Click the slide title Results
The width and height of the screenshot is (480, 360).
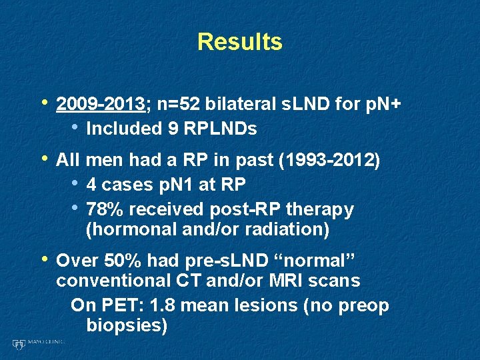[x=240, y=42]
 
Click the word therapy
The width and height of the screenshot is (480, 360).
[x=320, y=209]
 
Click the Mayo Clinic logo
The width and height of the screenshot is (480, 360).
[x=37, y=343]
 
